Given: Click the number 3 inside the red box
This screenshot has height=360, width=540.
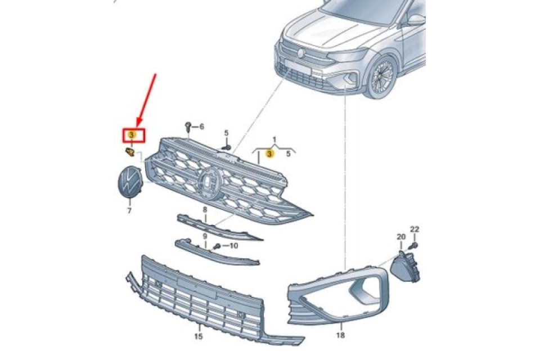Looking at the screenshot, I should click(131, 135).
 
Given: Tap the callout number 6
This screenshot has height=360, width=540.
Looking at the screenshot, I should click(201, 127).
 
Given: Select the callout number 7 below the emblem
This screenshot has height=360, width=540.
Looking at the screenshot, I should click(129, 210).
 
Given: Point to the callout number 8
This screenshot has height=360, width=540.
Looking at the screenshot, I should click(205, 210).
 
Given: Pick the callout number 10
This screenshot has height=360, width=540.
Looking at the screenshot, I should click(233, 245).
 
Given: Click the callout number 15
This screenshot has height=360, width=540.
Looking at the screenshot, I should click(198, 336).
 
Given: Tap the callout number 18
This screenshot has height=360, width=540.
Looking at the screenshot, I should click(341, 335).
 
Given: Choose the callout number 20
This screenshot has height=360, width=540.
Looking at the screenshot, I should click(401, 237).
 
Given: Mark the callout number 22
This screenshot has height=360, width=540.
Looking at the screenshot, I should click(415, 229).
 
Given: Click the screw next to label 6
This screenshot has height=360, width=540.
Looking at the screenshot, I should click(189, 126).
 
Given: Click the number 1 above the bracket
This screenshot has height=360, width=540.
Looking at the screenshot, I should click(274, 139).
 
